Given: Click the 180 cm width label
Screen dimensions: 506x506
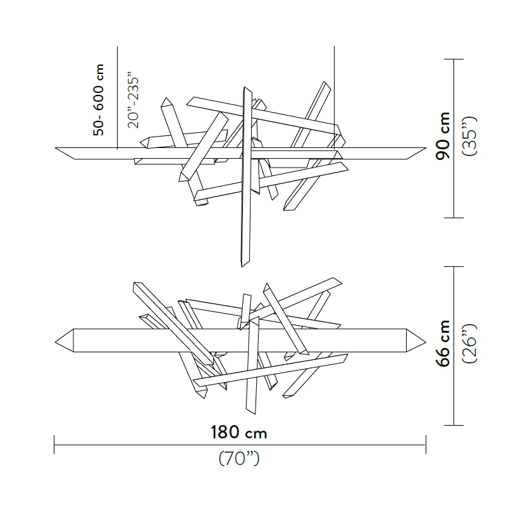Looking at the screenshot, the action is coord(239,432).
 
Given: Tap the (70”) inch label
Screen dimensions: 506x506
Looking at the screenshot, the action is coord(239,458).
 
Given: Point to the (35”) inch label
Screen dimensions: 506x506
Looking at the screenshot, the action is coord(469,136).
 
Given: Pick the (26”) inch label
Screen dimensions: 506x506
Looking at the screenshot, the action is coord(469,343).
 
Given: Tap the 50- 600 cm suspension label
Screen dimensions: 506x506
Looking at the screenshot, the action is coord(99,100).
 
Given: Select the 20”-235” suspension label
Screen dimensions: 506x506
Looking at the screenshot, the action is coord(133,100).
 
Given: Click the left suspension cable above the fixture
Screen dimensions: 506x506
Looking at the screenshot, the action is coord(117,97).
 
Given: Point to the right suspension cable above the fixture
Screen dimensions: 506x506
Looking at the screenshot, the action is coord(335,97).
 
